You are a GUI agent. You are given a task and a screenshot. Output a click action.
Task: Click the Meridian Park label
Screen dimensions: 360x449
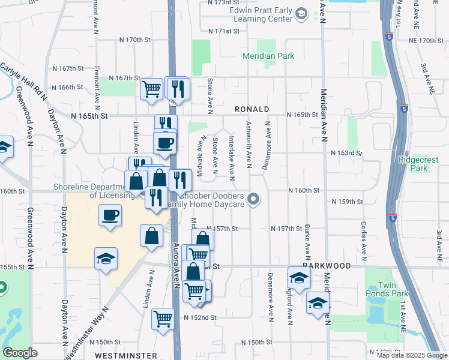[268, 56]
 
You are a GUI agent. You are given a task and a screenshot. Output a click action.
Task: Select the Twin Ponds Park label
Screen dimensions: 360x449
[388, 289]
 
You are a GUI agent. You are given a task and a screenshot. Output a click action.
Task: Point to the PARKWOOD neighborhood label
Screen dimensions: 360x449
[326, 265]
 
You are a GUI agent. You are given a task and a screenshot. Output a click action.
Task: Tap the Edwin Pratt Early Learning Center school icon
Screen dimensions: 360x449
[302, 13]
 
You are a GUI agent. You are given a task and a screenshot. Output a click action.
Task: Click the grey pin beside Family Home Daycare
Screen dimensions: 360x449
[254, 199]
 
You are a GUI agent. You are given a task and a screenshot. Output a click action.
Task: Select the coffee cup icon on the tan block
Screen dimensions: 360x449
[109, 214]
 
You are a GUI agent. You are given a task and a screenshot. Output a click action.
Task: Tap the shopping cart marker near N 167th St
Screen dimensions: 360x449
[151, 89]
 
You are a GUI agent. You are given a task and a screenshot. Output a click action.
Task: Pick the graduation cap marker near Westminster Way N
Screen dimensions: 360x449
[106, 259]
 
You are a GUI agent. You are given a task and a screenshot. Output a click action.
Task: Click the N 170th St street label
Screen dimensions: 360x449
[134, 40]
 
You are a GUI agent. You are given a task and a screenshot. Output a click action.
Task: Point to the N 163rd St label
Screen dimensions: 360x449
[347, 153]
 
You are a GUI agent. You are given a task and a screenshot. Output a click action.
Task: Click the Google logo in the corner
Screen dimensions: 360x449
[20, 353]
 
